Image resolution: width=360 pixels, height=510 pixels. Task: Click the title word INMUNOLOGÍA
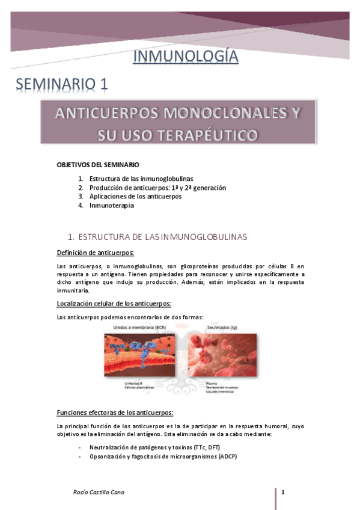tap(185, 57)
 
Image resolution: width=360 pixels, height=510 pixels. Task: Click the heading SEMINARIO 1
tap(62, 84)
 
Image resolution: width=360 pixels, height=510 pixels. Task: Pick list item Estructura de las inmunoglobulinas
tap(141, 179)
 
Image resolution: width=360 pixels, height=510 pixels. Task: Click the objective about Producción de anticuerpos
tap(157, 188)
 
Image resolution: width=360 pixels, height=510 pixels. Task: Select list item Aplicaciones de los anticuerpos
tap(135, 196)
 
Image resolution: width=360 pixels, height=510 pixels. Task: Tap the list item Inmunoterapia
tap(112, 205)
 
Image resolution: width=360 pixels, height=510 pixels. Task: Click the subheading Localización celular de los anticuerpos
tap(114, 304)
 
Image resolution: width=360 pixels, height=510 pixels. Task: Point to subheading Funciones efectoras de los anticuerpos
tap(115, 413)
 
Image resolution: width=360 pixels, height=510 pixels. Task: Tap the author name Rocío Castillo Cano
tap(96, 494)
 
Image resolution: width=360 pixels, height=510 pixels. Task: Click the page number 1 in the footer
tap(282, 494)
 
